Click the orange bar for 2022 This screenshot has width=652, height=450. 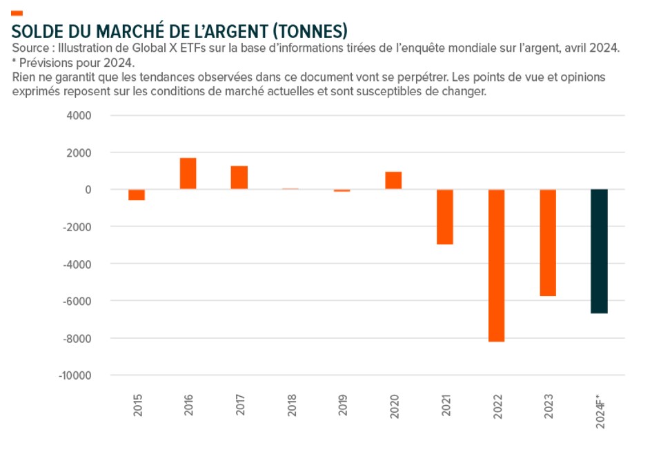click(x=497, y=265)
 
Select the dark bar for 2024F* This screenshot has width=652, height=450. click(x=599, y=251)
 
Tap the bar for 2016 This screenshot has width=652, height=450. click(x=188, y=174)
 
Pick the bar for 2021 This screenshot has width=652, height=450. click(x=445, y=217)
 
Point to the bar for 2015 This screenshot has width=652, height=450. click(x=137, y=195)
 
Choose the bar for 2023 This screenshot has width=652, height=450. click(x=548, y=243)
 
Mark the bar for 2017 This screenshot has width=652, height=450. click(x=239, y=177)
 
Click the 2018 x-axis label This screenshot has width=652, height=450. click(x=291, y=404)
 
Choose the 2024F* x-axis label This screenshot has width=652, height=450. click(x=600, y=411)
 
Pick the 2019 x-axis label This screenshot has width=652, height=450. click(x=342, y=404)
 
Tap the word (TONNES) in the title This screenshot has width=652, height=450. click(x=310, y=32)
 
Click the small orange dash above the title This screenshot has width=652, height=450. click(x=17, y=13)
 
